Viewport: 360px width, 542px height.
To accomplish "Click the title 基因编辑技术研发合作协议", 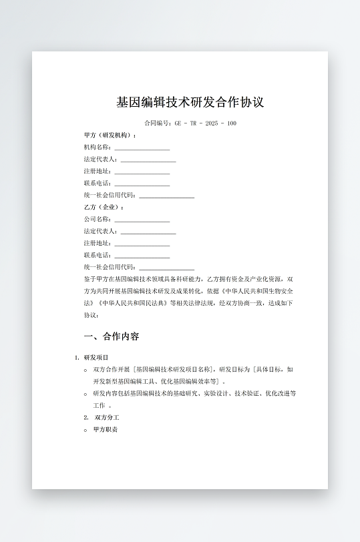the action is click(190, 102).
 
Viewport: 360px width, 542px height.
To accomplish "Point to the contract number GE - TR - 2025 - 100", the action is click(205, 123).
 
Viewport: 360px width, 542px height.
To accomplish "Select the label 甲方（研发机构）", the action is click(110, 135).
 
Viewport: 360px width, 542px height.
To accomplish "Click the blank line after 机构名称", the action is click(142, 148).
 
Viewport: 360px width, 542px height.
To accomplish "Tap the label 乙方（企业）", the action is click(104, 207).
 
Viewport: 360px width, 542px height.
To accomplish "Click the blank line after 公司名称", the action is click(142, 220).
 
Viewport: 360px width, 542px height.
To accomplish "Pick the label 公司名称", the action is click(97, 219).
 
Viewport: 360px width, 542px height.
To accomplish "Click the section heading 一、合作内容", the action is click(111, 336).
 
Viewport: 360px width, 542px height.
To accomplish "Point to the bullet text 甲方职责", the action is click(106, 429).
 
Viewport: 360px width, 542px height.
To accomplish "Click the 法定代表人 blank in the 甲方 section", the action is click(148, 160).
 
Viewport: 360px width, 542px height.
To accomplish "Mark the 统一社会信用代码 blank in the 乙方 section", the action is click(166, 267).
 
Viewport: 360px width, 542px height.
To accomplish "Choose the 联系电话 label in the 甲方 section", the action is click(97, 183).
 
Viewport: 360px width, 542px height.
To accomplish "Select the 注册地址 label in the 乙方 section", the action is click(97, 243).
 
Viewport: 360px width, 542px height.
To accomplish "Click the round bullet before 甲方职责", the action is click(85, 430).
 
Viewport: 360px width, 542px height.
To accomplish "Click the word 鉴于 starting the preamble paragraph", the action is click(90, 279).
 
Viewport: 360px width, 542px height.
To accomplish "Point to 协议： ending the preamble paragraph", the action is click(92, 315).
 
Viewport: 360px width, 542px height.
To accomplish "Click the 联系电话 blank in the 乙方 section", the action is click(142, 256).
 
